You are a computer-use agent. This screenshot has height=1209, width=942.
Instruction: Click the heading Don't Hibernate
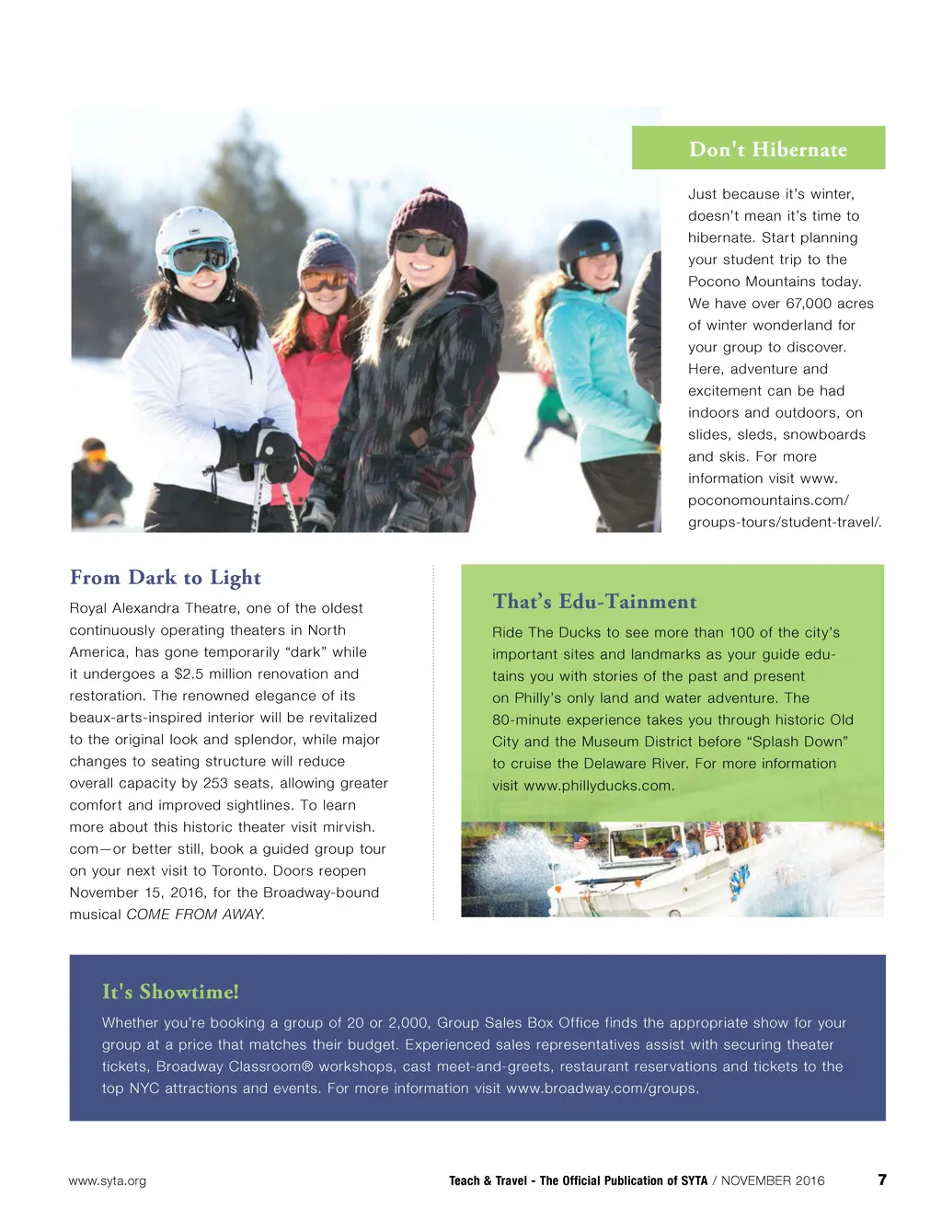(x=767, y=149)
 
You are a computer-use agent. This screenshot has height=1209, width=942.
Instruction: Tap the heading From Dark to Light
(x=166, y=578)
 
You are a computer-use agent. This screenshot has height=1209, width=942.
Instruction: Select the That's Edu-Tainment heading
(x=594, y=602)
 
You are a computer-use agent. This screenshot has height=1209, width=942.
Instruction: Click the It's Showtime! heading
(x=170, y=992)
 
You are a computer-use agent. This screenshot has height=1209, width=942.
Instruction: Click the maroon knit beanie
(x=428, y=217)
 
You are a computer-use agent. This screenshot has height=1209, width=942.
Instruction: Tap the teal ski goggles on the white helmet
(x=201, y=257)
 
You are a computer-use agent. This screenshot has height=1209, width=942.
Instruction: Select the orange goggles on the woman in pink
(x=324, y=279)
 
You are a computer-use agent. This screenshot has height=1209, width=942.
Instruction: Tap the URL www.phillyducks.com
(x=598, y=786)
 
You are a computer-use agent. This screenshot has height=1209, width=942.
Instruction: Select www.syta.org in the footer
(x=107, y=1181)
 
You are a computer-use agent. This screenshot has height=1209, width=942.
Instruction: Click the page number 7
(x=882, y=1180)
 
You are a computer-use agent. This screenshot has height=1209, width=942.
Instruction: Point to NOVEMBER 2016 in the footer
(x=773, y=1181)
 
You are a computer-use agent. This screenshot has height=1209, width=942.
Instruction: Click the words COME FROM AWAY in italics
(x=194, y=915)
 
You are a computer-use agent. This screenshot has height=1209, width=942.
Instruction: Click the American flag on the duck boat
(x=580, y=841)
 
